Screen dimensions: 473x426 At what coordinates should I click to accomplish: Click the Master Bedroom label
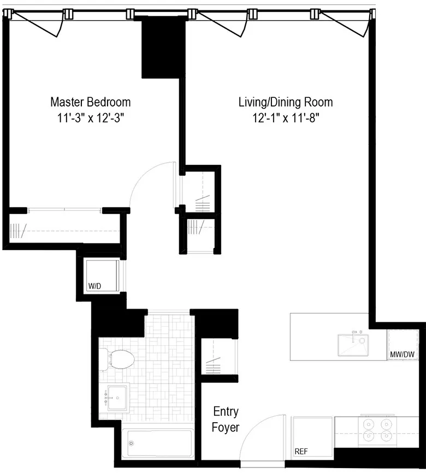click(90, 102)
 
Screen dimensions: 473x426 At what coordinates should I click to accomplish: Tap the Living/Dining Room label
click(285, 102)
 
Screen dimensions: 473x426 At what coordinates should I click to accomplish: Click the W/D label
click(95, 286)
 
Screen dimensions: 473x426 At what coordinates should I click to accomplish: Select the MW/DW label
click(403, 354)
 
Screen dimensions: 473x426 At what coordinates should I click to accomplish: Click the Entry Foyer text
click(226, 419)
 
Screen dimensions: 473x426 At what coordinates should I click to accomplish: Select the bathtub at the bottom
click(157, 443)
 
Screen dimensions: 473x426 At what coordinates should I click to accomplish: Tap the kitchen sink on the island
click(353, 345)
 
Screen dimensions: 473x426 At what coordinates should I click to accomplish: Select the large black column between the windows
click(163, 48)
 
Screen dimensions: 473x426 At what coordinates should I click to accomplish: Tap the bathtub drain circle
click(131, 443)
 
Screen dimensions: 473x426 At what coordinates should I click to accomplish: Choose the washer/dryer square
click(102, 276)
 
